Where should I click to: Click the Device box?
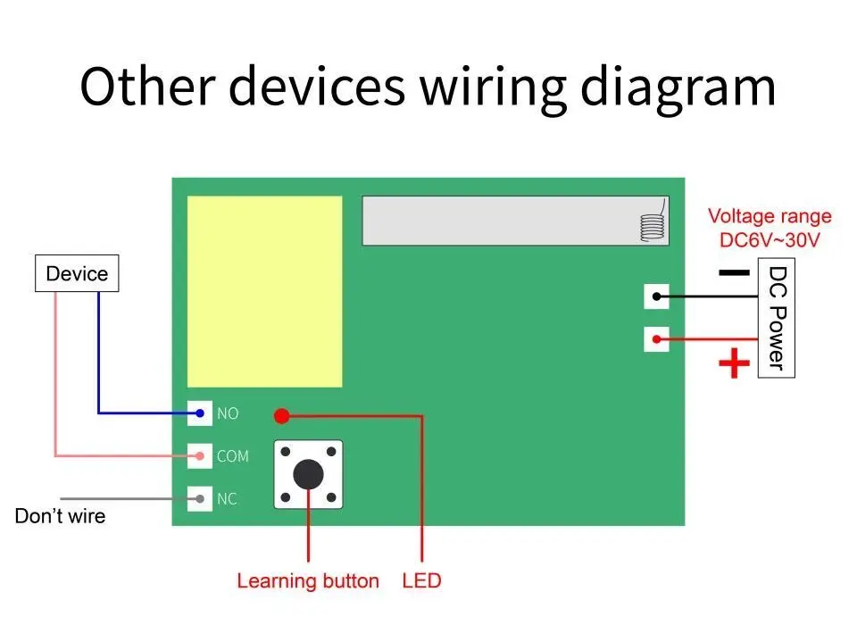coord(76,274)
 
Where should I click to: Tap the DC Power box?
coord(776,317)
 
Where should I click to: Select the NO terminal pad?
coord(200,413)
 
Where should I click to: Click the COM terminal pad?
coord(200,456)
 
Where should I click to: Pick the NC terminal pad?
coord(200,498)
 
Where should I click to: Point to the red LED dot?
coord(282,415)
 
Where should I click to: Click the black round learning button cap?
coord(308,474)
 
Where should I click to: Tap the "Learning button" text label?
coord(308,581)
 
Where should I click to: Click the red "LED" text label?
coord(421,581)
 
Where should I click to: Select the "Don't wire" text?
coord(60,516)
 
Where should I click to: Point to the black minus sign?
coord(733,273)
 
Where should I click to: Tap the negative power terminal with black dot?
coord(656,296)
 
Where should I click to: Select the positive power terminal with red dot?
coord(656,339)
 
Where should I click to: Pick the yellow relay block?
coord(264,292)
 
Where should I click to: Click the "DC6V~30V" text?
coord(769,240)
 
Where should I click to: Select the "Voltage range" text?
coord(770,216)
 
